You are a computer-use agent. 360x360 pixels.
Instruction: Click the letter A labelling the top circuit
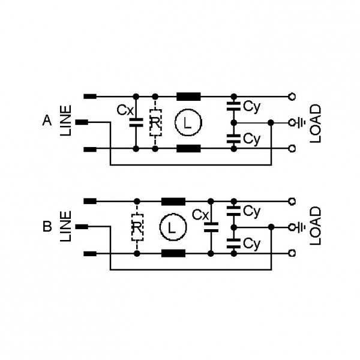(x=47, y=121)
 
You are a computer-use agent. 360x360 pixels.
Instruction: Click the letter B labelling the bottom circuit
(x=47, y=226)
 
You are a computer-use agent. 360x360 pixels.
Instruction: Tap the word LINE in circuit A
(x=65, y=121)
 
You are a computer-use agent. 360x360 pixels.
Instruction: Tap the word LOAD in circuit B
(x=315, y=226)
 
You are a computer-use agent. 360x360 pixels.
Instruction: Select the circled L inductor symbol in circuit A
(x=188, y=122)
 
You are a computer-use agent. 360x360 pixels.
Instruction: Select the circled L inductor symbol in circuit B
(x=173, y=227)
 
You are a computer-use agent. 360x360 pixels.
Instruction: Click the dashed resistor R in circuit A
(x=155, y=123)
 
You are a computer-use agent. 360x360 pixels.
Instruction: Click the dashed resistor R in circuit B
(x=137, y=227)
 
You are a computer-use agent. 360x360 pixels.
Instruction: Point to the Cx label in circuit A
(x=125, y=110)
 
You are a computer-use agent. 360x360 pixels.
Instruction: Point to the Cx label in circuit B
(x=200, y=215)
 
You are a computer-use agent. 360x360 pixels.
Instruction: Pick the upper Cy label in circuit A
(x=252, y=107)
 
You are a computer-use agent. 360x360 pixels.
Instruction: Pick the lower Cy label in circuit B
(x=252, y=244)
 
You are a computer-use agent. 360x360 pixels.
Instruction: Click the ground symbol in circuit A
(x=301, y=123)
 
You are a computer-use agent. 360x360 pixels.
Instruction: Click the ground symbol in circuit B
(x=301, y=227)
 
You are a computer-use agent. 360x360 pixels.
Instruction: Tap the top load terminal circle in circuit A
(x=292, y=97)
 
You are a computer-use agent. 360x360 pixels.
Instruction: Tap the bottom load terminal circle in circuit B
(x=292, y=253)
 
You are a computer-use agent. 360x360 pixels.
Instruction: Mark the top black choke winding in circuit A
(x=188, y=97)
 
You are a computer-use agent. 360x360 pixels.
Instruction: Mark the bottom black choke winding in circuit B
(x=173, y=253)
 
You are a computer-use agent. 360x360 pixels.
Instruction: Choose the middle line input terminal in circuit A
(x=82, y=122)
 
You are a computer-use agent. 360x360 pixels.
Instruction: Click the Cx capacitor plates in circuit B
(x=211, y=227)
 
